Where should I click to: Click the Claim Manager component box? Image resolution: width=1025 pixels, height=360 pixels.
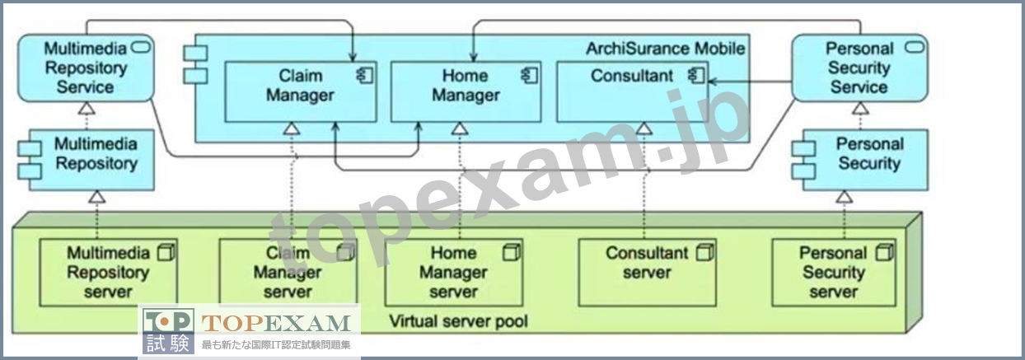(x=301, y=91)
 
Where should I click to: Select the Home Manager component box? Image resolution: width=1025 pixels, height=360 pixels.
(x=466, y=91)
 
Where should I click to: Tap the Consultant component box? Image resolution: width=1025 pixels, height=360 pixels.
(x=633, y=91)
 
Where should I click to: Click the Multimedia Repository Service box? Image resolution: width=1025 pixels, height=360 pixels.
(x=86, y=68)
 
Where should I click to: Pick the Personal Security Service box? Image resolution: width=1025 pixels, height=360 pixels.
(x=860, y=68)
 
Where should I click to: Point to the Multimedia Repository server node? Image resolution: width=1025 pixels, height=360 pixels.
(x=108, y=272)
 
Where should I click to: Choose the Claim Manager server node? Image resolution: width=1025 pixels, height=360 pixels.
(x=288, y=272)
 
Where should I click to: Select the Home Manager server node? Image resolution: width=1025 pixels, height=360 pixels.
(x=453, y=272)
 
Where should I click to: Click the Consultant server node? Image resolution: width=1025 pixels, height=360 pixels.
(x=647, y=272)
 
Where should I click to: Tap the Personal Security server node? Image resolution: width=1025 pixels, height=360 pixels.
(x=834, y=272)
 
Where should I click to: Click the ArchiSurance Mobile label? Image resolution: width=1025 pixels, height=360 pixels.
(x=665, y=49)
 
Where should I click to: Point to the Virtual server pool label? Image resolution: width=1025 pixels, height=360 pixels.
(x=458, y=321)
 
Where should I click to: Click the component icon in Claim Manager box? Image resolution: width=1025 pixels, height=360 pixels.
(x=365, y=76)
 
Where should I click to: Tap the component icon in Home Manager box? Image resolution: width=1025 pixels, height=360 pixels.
(x=530, y=76)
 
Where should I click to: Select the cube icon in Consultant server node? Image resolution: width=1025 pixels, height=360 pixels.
(x=704, y=253)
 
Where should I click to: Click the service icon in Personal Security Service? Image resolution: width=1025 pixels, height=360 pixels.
(x=915, y=47)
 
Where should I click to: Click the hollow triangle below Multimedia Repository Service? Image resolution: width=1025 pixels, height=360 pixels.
(x=86, y=109)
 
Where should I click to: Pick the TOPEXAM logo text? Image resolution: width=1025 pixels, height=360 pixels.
(x=276, y=323)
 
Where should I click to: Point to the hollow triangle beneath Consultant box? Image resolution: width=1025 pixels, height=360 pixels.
(x=644, y=129)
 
